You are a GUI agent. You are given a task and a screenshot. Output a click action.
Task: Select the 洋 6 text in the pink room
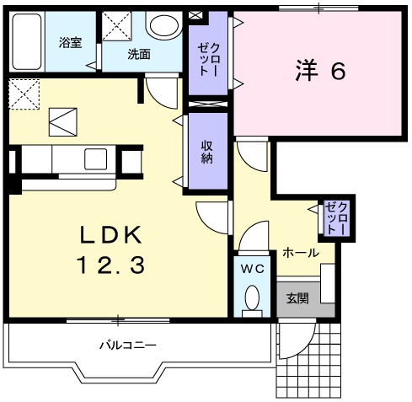point(320,72)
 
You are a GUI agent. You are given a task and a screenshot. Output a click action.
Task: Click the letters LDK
point(112,233)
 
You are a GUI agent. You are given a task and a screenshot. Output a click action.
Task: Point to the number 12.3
point(112,265)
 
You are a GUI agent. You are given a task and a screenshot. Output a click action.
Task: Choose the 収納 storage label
point(207,152)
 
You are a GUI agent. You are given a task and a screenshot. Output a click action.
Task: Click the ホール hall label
point(300,252)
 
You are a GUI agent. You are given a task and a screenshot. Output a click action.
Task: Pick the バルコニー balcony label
point(127,345)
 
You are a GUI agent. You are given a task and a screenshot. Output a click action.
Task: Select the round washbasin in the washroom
point(160,26)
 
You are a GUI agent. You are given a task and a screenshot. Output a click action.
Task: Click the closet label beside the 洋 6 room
point(206,59)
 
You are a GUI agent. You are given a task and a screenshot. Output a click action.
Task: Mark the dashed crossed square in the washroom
point(115,25)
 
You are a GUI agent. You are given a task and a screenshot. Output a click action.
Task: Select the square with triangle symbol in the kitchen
point(63,123)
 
